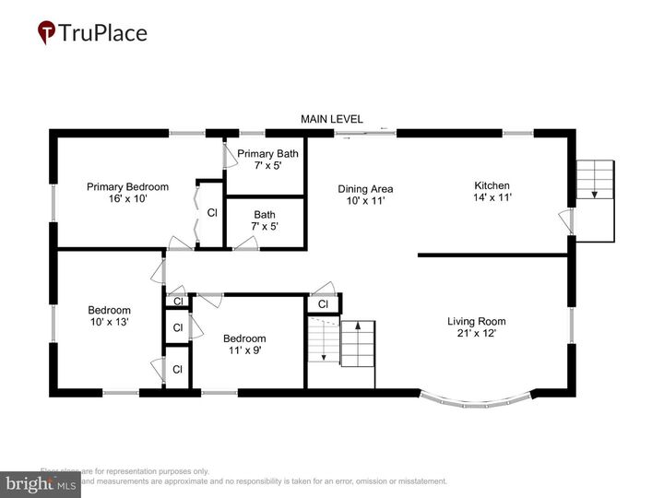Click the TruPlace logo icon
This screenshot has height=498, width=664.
[x=45, y=33]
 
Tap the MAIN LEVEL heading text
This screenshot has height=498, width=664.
[x=332, y=119]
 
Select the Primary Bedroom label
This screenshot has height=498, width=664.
[x=127, y=192]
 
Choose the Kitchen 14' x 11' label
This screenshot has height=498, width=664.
[x=492, y=190]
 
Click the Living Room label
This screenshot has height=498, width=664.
[x=477, y=327]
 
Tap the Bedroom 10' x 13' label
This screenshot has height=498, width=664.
[x=109, y=316]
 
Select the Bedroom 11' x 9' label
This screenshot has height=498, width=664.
[x=244, y=345]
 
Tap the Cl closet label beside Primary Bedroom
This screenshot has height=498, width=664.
[x=211, y=213]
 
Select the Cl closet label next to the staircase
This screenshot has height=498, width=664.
[x=323, y=304]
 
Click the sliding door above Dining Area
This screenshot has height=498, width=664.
[x=365, y=135]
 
